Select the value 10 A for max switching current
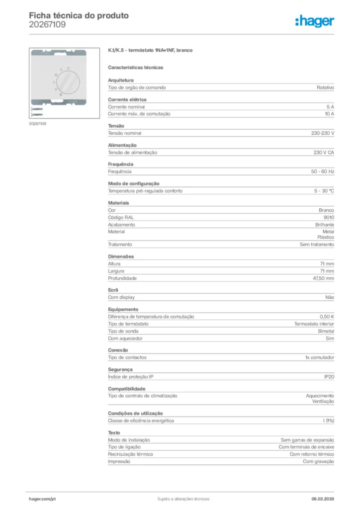pyautogui.click(x=329, y=114)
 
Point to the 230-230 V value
pyautogui.click(x=319, y=133)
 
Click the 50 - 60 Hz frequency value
pyautogui.click(x=322, y=171)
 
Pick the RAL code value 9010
pyautogui.click(x=328, y=218)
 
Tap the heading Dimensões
pyautogui.click(x=121, y=256)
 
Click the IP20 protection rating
pyautogui.click(x=329, y=377)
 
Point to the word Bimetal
pyautogui.click(x=326, y=331)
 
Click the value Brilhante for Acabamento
pyautogui.click(x=324, y=225)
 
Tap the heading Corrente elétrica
pyautogui.click(x=127, y=99)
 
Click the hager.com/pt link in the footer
pyautogui.click(x=42, y=499)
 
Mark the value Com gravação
pyautogui.click(x=318, y=461)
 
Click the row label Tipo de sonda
pyautogui.click(x=123, y=331)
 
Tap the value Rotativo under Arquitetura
pyautogui.click(x=325, y=87)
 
